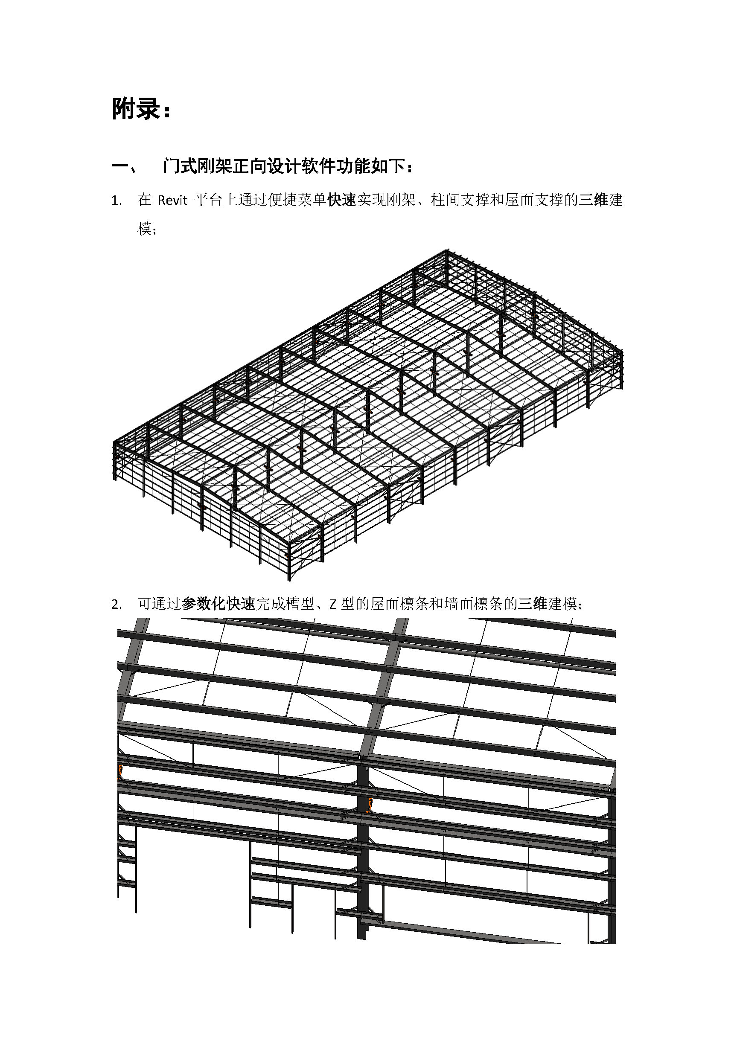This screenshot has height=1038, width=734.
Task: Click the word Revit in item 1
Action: coord(172,200)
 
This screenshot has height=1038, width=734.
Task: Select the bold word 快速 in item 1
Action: coord(342,200)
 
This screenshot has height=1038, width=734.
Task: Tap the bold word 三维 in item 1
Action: coord(593,200)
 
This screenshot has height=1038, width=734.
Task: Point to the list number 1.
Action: coord(116,201)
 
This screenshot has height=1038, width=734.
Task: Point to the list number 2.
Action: coord(116,605)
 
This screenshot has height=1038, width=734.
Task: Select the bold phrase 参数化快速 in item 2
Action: coord(218,604)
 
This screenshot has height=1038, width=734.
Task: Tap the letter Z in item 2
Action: coord(333,605)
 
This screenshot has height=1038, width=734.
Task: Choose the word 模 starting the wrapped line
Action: coord(145,229)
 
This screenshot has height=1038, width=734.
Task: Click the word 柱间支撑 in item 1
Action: coord(460,200)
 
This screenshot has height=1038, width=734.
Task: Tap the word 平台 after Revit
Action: coord(209,200)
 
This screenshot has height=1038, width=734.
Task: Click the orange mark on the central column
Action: coord(370,805)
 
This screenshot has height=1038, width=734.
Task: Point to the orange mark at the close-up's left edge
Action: coord(120,772)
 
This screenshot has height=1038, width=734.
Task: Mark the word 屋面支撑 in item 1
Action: coord(534,200)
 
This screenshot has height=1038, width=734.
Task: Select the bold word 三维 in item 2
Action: coord(533,604)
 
